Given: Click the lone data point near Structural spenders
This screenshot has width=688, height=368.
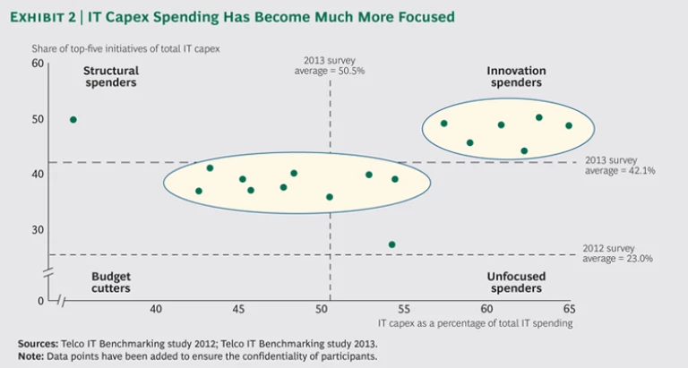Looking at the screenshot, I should pyautogui.click(x=73, y=119).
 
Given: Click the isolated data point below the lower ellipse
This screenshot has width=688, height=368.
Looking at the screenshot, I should pyautogui.click(x=391, y=244).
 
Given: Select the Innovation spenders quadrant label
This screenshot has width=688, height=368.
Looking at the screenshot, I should pyautogui.click(x=514, y=76).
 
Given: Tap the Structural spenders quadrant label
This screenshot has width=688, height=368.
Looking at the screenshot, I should pyautogui.click(x=110, y=76).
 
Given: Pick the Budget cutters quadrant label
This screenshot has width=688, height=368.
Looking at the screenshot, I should pyautogui.click(x=110, y=282).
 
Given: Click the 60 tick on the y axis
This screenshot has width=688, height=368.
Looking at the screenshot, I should pyautogui.click(x=38, y=63).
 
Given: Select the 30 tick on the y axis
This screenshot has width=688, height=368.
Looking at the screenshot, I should pyautogui.click(x=38, y=230).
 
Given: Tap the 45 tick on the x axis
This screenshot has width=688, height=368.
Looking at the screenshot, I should pyautogui.click(x=238, y=310).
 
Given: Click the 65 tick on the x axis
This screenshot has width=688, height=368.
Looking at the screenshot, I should pyautogui.click(x=570, y=310).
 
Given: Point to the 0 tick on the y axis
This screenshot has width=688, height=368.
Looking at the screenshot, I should pyautogui.click(x=40, y=300).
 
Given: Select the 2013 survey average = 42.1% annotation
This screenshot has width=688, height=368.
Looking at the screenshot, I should pyautogui.click(x=619, y=165).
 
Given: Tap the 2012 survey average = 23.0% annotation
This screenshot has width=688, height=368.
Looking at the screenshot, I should pyautogui.click(x=619, y=253).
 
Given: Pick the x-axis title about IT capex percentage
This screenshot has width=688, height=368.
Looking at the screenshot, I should pyautogui.click(x=475, y=321).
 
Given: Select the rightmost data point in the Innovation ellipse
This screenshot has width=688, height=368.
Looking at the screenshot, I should pyautogui.click(x=569, y=125).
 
